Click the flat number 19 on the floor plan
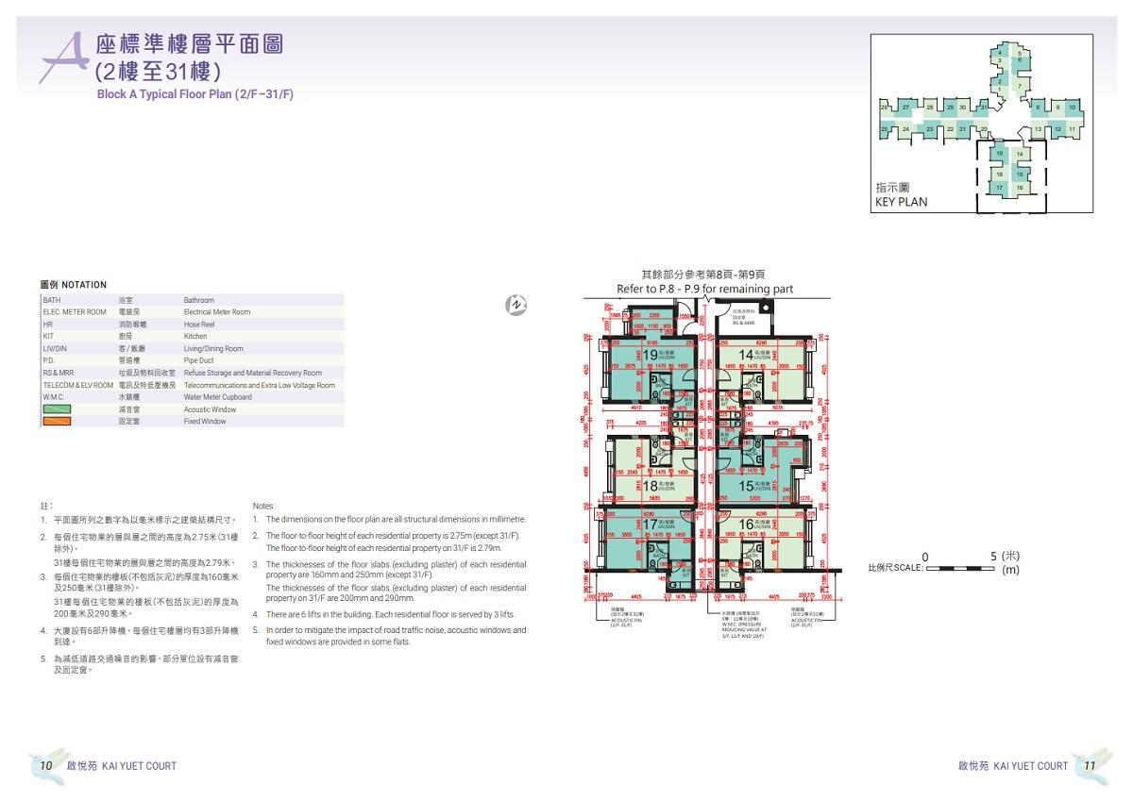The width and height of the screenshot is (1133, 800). pos(650,355)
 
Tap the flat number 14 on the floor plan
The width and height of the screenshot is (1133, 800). pos(746,355)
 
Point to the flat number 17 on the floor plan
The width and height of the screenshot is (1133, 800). pos(650,524)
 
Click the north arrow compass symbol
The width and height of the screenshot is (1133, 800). pos(516,304)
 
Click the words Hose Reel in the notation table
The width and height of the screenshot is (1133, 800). pos(199,325)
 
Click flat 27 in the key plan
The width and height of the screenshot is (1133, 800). pos(905,108)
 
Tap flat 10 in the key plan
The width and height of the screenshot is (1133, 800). pos(1073,108)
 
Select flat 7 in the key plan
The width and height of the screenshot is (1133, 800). pos(1020,86)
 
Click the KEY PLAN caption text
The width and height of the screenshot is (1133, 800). pos(901,202)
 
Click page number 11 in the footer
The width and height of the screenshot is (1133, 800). pos(1089,765)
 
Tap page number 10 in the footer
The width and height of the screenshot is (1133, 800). pos(45,765)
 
